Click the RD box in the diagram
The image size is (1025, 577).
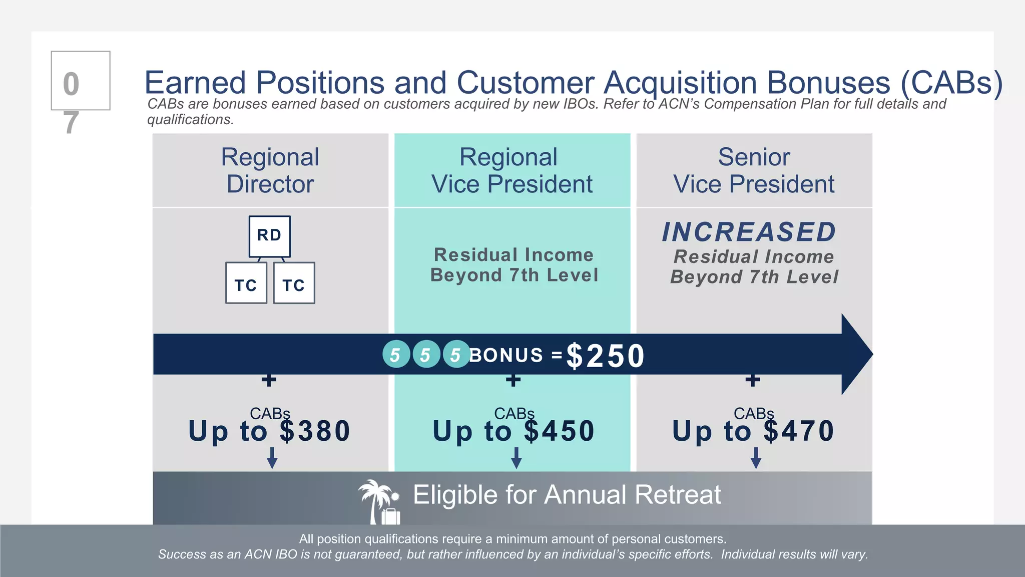click(x=269, y=236)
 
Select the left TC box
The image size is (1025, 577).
click(x=246, y=283)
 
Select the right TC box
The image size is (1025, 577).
click(x=294, y=283)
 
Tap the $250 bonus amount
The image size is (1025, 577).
click(x=605, y=356)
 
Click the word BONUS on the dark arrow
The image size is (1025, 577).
click(x=506, y=355)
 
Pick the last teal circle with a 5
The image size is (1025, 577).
click(x=456, y=354)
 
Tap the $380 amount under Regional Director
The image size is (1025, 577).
click(x=315, y=431)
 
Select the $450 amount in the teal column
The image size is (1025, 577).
click(x=560, y=431)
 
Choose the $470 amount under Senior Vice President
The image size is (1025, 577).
click(x=799, y=431)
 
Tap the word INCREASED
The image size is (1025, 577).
click(x=749, y=232)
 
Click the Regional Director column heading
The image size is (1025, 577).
click(x=270, y=170)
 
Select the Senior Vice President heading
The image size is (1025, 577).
click(x=754, y=170)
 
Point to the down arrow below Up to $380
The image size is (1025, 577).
click(x=272, y=458)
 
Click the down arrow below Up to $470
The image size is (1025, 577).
click(x=756, y=458)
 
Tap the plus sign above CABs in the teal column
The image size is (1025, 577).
click(x=513, y=380)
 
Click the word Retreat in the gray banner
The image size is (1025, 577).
click(x=678, y=495)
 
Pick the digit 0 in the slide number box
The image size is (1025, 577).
click(x=71, y=84)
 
